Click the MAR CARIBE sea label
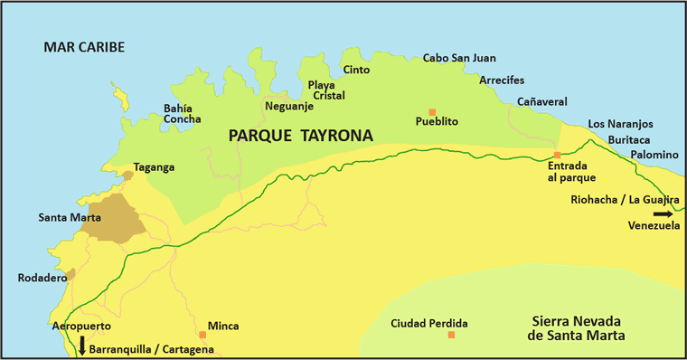(x=83, y=47)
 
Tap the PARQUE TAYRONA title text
(x=301, y=135)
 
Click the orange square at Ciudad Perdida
(x=451, y=336)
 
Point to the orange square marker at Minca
(x=202, y=335)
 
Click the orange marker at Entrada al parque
(x=558, y=156)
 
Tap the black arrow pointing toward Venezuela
(x=663, y=213)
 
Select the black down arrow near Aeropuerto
(x=82, y=344)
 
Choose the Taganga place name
(x=154, y=167)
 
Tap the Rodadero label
(x=42, y=279)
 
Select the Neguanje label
(x=288, y=107)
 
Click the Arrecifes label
(x=502, y=81)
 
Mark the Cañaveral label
(x=541, y=102)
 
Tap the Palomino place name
(x=654, y=155)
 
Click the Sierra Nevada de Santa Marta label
(x=579, y=327)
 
